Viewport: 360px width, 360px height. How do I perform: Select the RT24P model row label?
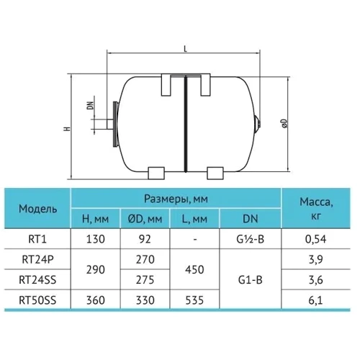(35, 258)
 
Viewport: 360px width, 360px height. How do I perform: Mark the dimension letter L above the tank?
(186, 48)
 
